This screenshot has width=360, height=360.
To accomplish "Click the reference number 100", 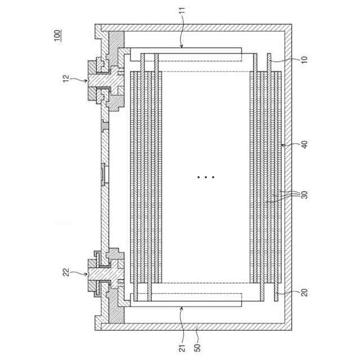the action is coord(57,35).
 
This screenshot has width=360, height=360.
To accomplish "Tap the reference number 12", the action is coord(66,79).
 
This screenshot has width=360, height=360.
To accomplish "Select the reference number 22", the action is coord(66,272).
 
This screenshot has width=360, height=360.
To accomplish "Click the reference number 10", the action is coord(304,60).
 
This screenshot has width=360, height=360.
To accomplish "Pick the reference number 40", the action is coord(304,145).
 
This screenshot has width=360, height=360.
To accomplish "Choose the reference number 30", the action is coord(304,195).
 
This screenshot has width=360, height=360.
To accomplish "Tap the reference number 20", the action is coord(304,292).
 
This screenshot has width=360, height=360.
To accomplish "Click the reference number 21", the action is coord(182,348).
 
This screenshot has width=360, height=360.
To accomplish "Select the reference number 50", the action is coord(197,348).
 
